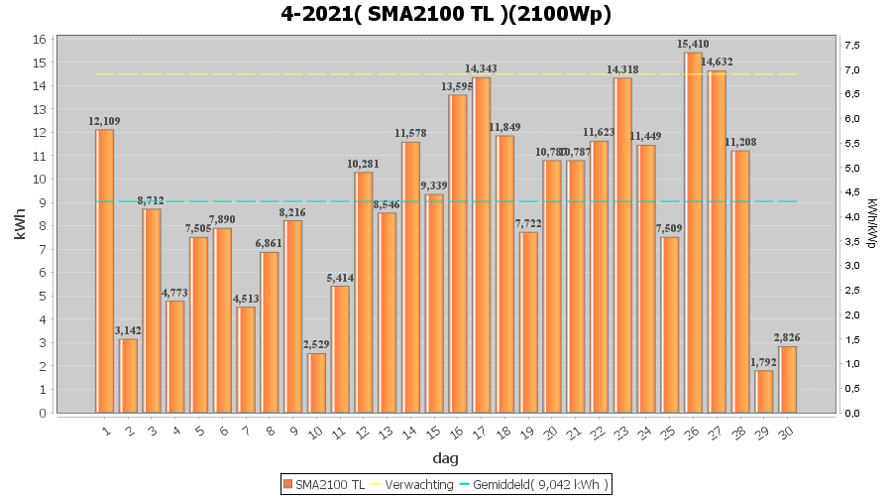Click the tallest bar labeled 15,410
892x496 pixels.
coord(694,232)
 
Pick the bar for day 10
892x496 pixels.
coord(316,382)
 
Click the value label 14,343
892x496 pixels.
coord(482,68)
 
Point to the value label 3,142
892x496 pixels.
coord(128,330)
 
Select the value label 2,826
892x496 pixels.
coord(788,337)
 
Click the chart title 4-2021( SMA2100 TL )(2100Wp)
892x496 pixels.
coord(446,15)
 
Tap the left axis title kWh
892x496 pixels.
coord(21,225)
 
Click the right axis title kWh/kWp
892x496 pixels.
coord(871,225)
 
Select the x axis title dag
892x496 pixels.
coord(445,458)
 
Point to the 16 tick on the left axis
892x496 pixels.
coord(40,40)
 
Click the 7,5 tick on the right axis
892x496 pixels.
coord(852,46)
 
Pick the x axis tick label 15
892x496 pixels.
coord(433,432)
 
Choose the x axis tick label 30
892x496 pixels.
coord(787,432)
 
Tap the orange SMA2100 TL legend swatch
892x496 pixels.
coord(288,484)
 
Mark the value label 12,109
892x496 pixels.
coord(104,121)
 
